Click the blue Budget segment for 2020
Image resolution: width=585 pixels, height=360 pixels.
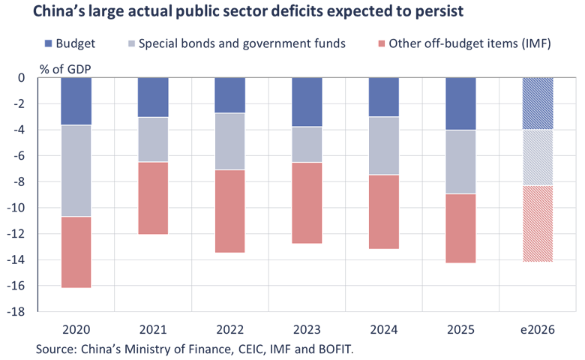click(x=76, y=101)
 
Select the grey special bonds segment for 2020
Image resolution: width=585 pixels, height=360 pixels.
click(x=76, y=171)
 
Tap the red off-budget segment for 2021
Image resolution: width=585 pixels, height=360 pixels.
click(x=153, y=199)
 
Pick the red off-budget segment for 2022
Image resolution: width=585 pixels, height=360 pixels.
click(x=230, y=211)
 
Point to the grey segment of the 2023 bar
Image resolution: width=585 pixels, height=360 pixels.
click(x=307, y=145)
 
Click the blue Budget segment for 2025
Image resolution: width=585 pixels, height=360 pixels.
click(x=460, y=103)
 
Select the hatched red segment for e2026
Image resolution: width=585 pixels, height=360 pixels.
click(x=538, y=224)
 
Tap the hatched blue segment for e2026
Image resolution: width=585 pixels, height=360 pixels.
click(x=538, y=103)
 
